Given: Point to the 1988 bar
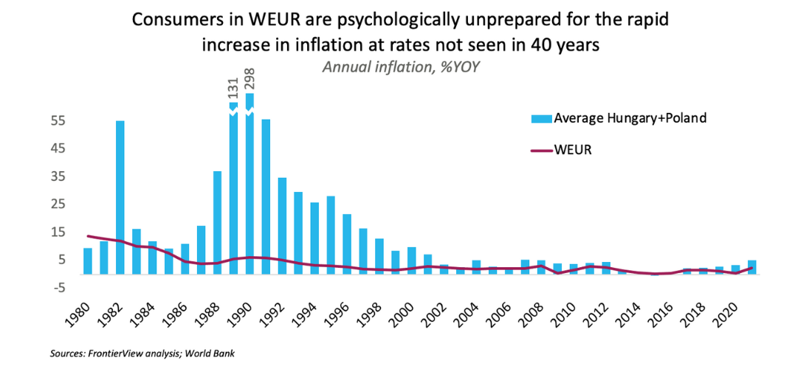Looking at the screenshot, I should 218,222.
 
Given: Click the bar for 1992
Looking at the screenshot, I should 282,225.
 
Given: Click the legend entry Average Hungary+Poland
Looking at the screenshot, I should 620,118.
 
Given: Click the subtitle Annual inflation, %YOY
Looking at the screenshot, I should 405,65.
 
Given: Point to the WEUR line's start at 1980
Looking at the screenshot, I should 88,236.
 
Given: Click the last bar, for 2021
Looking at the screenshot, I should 751,267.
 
